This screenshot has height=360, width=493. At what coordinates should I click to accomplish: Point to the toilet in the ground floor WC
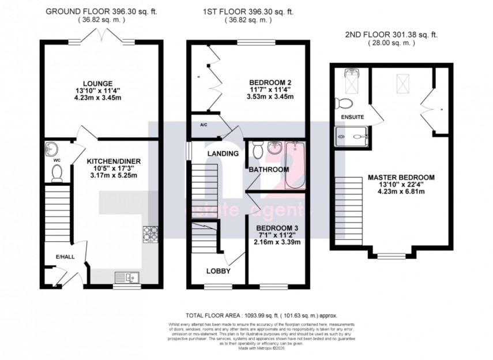tap(57, 172)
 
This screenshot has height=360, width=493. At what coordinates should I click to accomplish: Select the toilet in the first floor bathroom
tap(258, 151)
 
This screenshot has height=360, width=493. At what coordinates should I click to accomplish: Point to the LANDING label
tap(223, 153)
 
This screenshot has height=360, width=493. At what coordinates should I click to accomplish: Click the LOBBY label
tap(219, 271)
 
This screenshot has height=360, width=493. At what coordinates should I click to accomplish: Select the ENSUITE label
tap(352, 117)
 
